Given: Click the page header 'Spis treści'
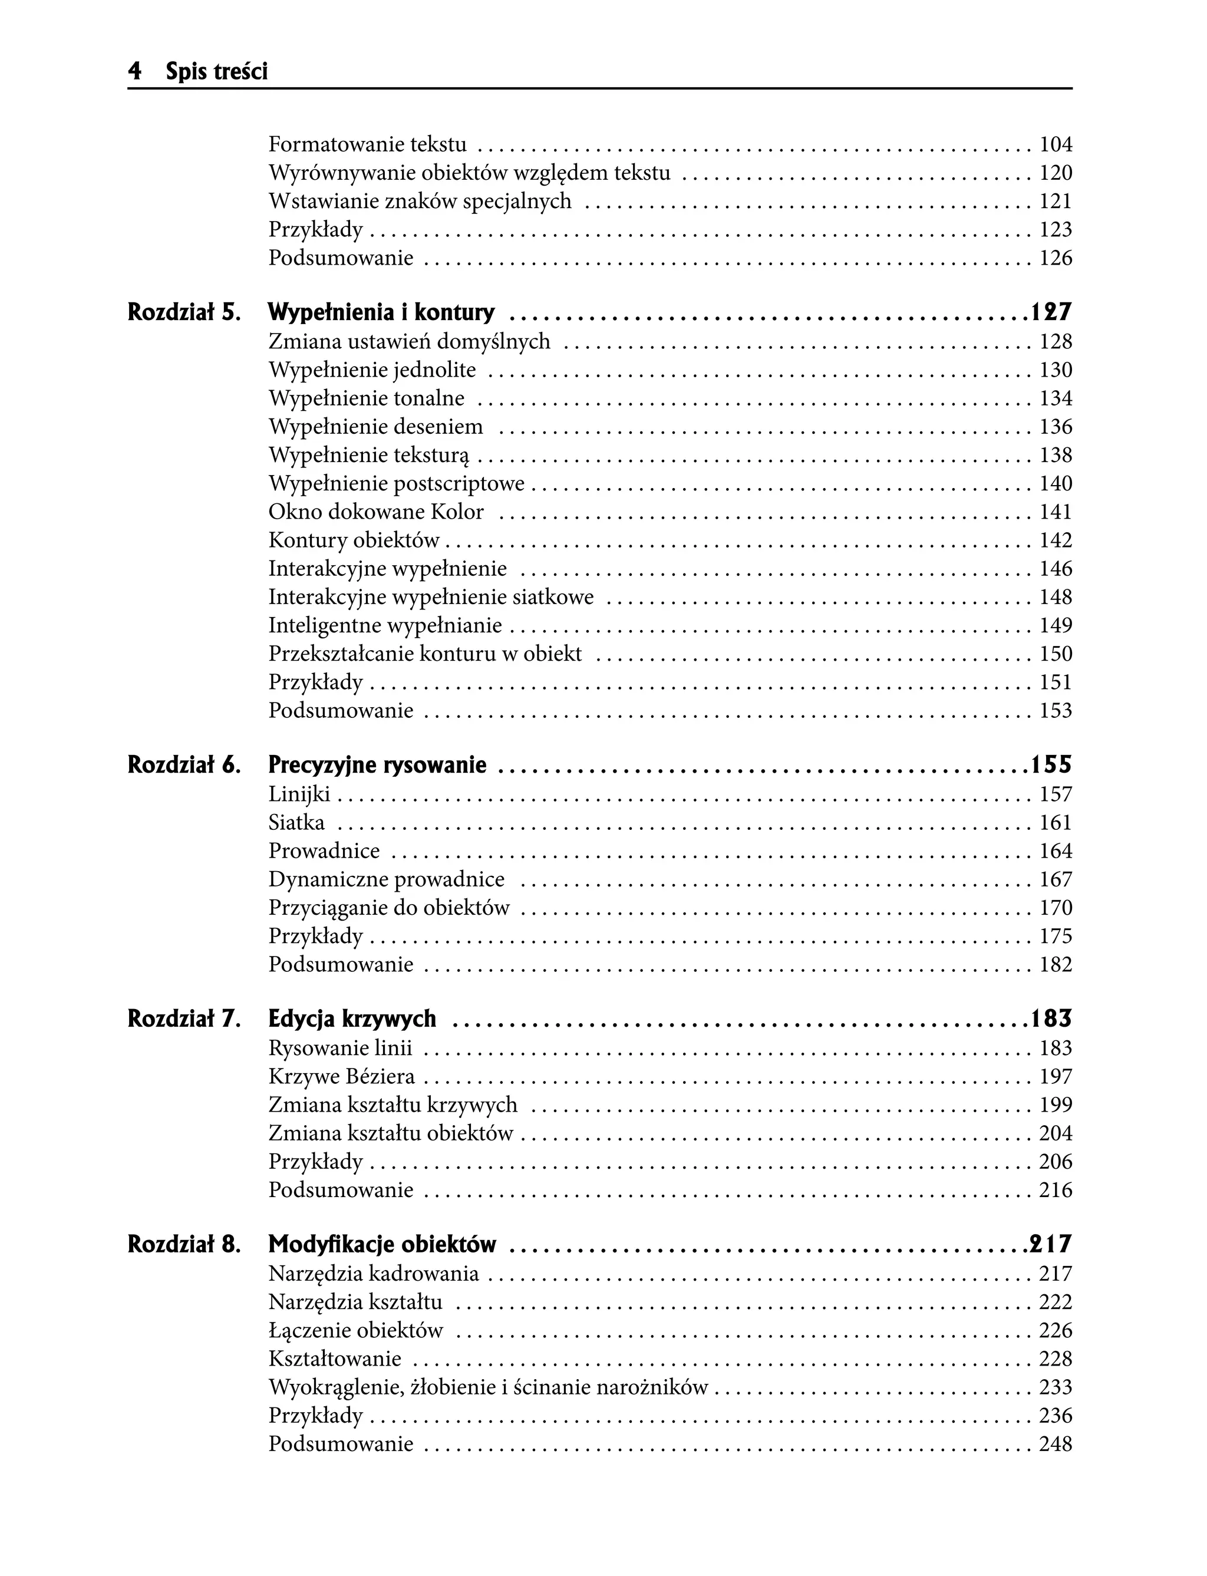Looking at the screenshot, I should coord(216,72).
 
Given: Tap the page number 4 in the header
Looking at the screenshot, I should coord(134,72).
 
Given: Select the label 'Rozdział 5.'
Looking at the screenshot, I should coord(184,312).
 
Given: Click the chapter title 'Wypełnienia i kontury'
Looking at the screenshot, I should coord(381,312).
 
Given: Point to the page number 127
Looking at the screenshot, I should coord(1051,312).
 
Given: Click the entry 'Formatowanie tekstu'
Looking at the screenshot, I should coord(367,144).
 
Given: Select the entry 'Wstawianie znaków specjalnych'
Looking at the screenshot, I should coord(420,201).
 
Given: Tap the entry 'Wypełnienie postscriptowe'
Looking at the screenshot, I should coord(397,483).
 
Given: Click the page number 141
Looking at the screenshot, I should coord(1056,512).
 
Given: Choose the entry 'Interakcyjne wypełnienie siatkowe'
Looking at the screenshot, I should coord(431,597).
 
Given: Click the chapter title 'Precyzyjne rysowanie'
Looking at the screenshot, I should coord(377,766).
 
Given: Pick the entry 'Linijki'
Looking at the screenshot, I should coord(299,794).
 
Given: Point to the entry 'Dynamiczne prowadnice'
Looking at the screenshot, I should coord(387,879).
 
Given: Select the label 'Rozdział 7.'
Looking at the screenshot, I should coord(184,1019).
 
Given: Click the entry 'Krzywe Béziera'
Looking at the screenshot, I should coord(342,1077).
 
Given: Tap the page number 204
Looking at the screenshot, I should coord(1056,1133).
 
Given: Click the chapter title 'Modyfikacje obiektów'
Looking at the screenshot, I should coord(382,1245).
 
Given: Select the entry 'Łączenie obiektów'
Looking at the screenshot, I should coord(355,1330).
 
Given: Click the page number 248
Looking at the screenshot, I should coord(1056,1444).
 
